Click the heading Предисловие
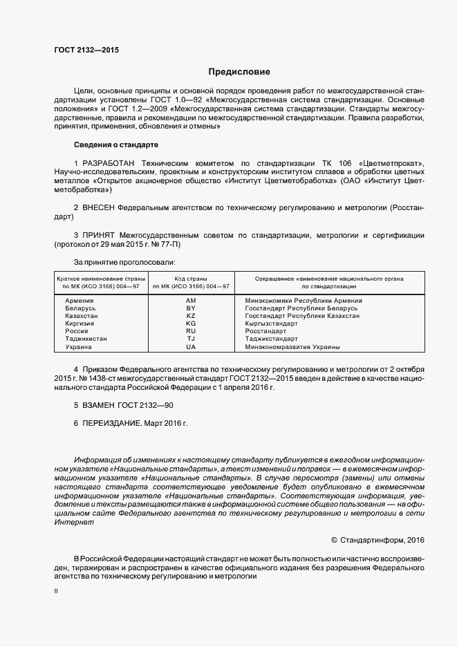point(239,72)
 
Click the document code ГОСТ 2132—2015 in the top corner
point(86,49)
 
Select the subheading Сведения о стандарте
point(115,145)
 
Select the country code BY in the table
point(191,308)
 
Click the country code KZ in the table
point(191,316)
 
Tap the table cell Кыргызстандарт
point(271,323)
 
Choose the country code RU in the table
point(191,331)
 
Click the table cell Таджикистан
point(86,339)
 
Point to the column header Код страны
point(191,278)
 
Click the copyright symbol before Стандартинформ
point(335,539)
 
